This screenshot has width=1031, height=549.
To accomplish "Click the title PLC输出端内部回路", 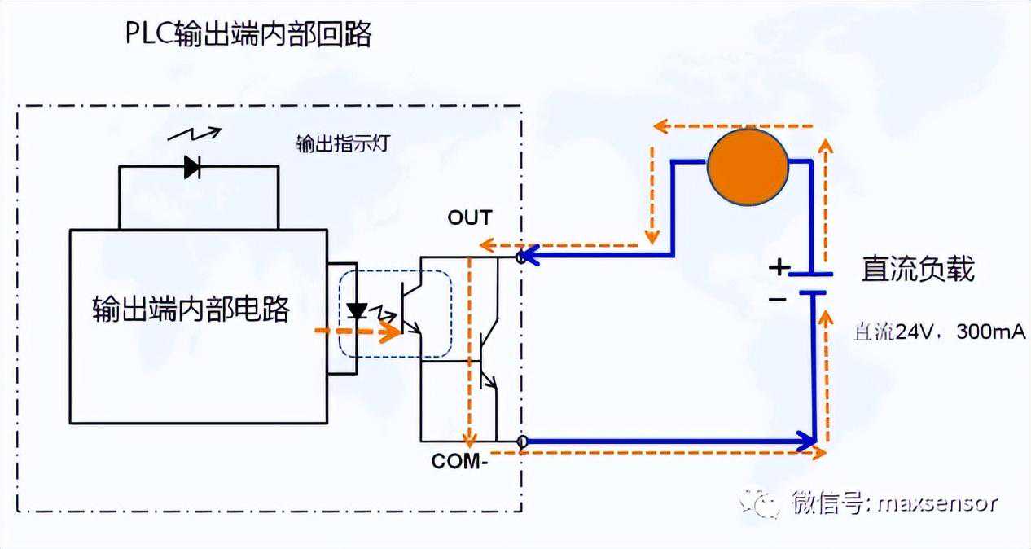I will coord(248,35).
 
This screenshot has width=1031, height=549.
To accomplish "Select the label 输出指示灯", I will coord(333,143).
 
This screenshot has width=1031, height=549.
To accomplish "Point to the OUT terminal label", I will coord(470,217).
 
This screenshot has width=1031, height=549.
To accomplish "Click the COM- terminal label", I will coord(459,461).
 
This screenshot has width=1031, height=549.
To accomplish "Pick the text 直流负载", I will coord(918,269).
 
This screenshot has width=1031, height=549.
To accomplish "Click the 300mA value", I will coord(991,332).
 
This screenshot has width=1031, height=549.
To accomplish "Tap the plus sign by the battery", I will coord(780,267).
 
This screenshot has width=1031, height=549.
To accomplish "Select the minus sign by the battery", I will coord(779,299).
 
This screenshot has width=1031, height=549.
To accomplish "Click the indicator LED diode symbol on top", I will coord(193,167).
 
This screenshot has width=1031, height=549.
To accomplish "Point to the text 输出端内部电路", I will coord(191,310).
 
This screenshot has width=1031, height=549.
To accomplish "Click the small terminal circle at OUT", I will coord(522,257).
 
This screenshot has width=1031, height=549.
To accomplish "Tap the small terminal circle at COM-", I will coord(522,442).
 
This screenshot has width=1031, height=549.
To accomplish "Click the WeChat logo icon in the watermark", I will coord(756,503).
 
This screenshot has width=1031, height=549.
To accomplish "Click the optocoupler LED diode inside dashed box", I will coord(356,311).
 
